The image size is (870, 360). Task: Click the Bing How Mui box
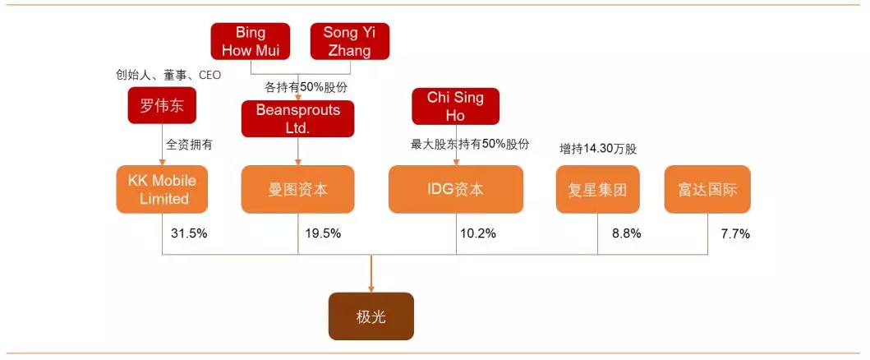coord(251,42)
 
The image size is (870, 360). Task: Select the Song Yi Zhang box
coord(349,42)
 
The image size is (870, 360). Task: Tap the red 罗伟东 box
coord(162,105)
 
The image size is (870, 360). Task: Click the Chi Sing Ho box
coord(455,106)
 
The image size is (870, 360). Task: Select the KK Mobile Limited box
coord(162,189)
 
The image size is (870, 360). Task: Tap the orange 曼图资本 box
coord(297,190)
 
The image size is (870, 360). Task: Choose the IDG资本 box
coord(455,190)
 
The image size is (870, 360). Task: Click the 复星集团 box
coord(598,190)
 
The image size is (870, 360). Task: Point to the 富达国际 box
coord(707,190)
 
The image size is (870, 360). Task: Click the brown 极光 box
coord(371,316)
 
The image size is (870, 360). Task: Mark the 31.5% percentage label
coord(189,233)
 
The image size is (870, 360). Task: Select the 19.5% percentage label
coord(323,233)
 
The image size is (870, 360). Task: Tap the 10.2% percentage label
coord(478,233)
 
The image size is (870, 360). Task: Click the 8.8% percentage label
coord(626,233)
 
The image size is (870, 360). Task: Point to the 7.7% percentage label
coord(735,233)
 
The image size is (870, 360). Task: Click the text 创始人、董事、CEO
coord(168,75)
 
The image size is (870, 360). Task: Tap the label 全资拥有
coord(189,144)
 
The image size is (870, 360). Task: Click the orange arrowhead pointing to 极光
coord(371,287)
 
